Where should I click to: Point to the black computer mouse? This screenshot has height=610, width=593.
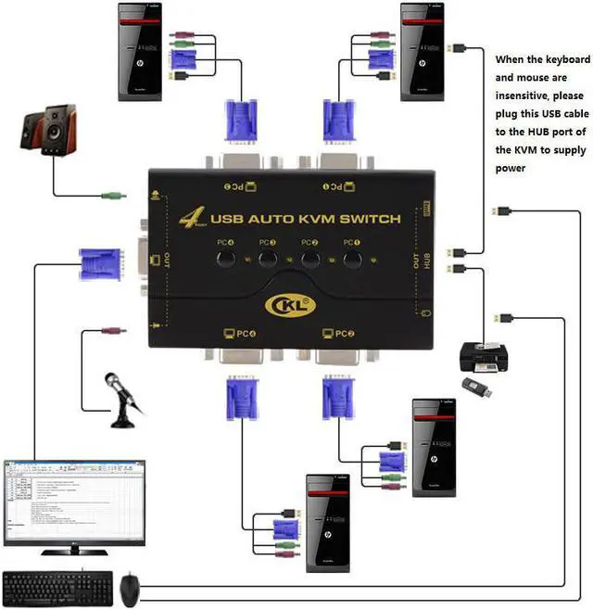[131, 586]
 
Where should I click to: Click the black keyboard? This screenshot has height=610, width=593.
[57, 587]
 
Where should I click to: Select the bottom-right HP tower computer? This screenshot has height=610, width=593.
[435, 450]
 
